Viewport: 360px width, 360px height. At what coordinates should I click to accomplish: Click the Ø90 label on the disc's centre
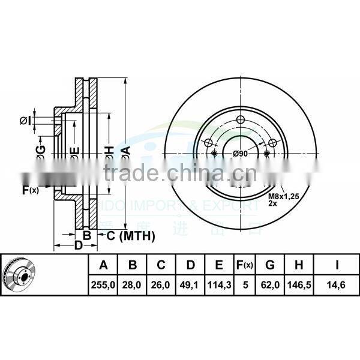point(241,154)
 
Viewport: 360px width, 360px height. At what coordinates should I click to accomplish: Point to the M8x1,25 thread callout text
point(281,196)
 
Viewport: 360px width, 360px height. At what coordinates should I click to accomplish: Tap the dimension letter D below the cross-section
point(78,245)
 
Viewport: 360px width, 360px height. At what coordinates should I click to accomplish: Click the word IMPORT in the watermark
point(161,205)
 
